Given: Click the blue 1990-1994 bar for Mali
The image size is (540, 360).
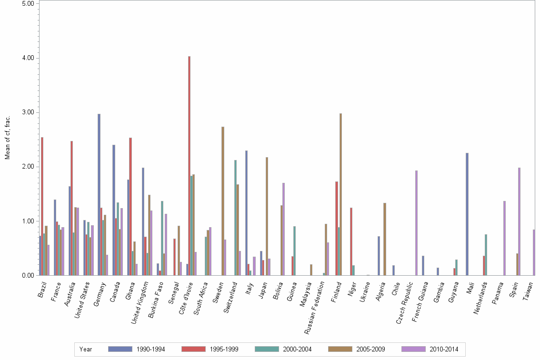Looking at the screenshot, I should [467, 214].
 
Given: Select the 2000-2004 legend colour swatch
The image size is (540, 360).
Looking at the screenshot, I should [268, 349].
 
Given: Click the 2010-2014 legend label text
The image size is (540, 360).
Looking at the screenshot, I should [444, 350].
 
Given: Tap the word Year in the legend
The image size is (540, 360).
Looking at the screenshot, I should [86, 350].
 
